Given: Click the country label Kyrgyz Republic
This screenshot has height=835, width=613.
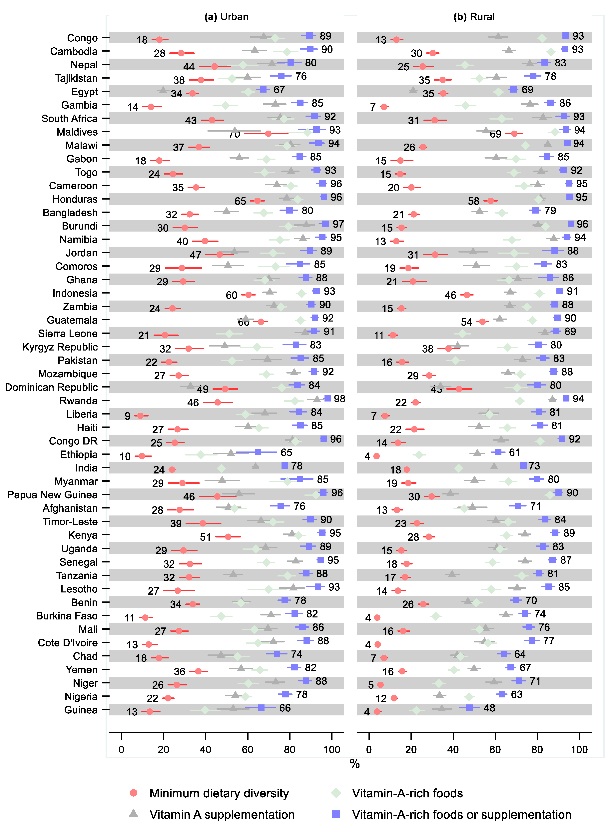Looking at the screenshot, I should click(60, 347).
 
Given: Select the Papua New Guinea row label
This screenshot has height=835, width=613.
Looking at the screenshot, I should click(52, 495).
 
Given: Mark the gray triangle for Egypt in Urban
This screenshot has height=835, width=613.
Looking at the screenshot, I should click(163, 90).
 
